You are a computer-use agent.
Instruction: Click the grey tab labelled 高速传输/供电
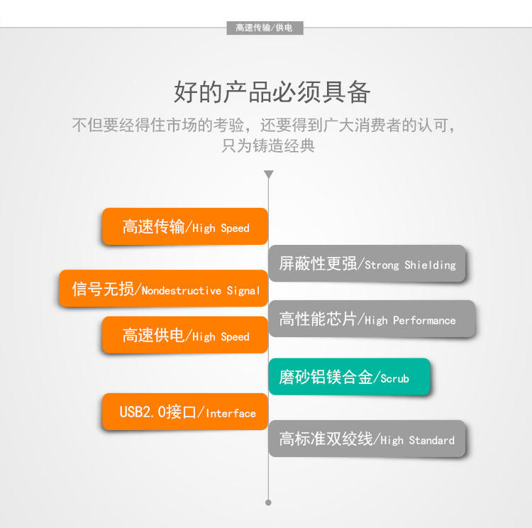[x=269, y=28]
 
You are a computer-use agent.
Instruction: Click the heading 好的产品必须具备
[x=272, y=92]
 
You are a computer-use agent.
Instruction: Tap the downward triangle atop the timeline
[x=268, y=174]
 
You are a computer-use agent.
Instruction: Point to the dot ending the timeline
[x=268, y=502]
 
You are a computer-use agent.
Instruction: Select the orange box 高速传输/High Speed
[x=184, y=227]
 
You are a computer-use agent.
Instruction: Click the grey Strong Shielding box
[x=367, y=264]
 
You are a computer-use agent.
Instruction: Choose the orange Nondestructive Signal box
[x=164, y=290]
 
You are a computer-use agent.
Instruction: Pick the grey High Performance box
[x=372, y=319]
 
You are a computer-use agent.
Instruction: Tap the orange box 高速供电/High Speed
[x=184, y=336]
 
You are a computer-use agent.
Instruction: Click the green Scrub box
[x=349, y=378]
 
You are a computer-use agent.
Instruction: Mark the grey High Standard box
[x=367, y=439]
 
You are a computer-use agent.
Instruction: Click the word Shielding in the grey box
[x=430, y=265]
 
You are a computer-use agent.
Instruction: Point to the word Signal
[x=243, y=290]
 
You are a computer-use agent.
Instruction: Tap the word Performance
[x=424, y=321]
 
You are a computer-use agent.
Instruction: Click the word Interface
[x=231, y=413]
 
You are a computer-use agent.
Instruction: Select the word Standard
[x=431, y=440]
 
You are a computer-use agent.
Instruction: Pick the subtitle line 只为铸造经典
[x=268, y=147]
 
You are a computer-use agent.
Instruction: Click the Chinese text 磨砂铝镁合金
[x=326, y=378]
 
